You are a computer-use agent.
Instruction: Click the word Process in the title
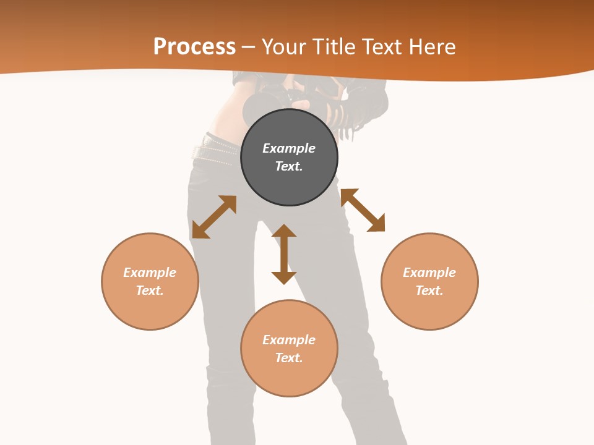point(194,47)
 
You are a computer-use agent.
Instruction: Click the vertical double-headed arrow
point(284,254)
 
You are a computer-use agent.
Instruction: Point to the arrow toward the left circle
point(214,217)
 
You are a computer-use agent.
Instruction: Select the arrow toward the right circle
point(363,210)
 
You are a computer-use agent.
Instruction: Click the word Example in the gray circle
point(289,148)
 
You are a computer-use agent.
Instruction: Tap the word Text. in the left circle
point(150,290)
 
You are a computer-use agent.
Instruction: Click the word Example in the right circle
point(429,273)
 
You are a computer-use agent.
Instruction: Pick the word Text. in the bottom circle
point(289,358)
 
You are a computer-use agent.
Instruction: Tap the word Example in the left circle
point(150,273)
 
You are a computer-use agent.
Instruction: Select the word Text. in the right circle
point(429,290)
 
